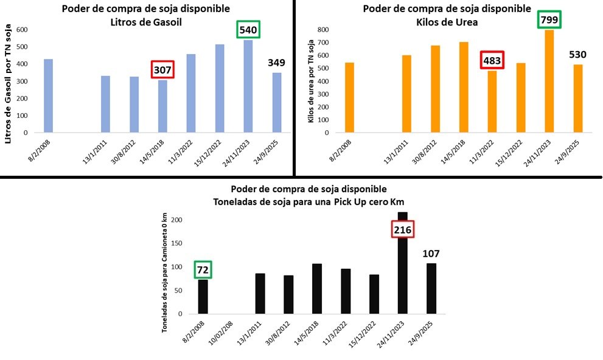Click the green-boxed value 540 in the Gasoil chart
point(248,30)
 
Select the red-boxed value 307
point(162,69)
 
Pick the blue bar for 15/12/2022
point(219,88)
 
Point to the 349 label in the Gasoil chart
point(277,63)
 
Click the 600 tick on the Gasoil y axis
point(23,30)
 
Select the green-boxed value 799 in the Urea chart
point(549,21)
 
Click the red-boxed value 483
point(492,61)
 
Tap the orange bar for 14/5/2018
point(463,87)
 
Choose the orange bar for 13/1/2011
point(406,94)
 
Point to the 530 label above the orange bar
point(577,55)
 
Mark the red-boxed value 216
point(402,230)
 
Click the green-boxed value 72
point(203,269)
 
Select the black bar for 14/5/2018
point(316,289)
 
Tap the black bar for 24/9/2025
point(431,288)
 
